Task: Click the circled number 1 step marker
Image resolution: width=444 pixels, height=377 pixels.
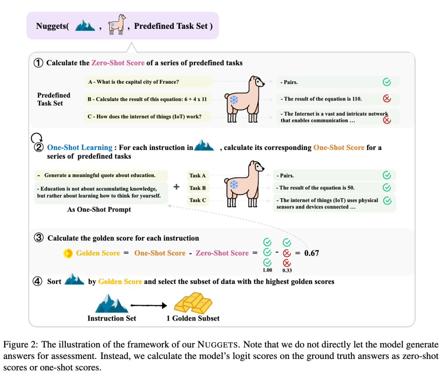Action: [x=38, y=63]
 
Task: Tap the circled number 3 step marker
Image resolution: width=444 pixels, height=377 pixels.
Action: [x=39, y=238]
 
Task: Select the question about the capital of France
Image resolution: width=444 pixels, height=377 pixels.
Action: [x=133, y=82]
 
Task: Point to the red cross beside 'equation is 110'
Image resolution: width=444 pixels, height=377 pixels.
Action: [x=386, y=99]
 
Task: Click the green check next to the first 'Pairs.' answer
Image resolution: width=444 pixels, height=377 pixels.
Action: [x=386, y=82]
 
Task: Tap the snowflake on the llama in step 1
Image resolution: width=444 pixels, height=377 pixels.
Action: [x=234, y=100]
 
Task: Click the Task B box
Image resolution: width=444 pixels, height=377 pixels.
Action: [x=198, y=188]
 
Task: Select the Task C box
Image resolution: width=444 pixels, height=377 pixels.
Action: [x=198, y=200]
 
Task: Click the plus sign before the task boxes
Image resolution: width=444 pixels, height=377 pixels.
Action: [x=177, y=187]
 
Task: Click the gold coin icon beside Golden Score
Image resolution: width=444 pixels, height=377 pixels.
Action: [x=68, y=253]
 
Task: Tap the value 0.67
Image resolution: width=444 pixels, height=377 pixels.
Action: [x=312, y=253]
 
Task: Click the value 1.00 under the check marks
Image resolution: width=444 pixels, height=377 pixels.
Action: [x=268, y=271]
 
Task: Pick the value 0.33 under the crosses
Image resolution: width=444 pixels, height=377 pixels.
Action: [x=287, y=271]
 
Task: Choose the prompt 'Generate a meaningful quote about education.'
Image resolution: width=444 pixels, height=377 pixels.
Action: [x=100, y=175]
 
